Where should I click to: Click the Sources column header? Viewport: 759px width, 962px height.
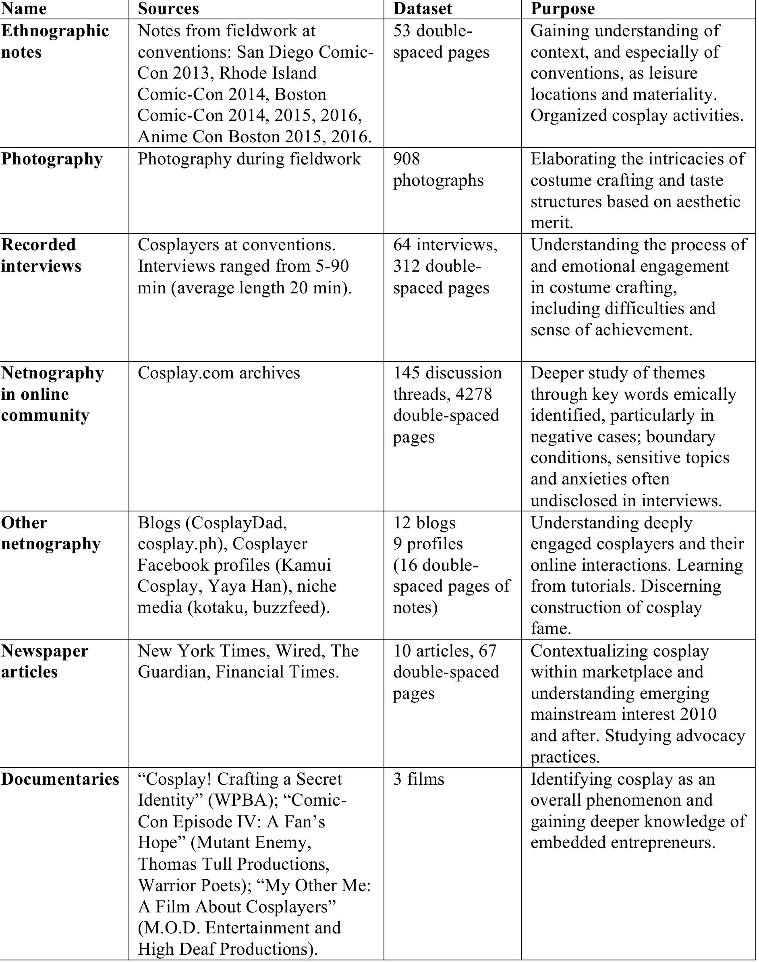tap(168, 8)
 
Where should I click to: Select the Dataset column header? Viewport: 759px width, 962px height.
tap(422, 8)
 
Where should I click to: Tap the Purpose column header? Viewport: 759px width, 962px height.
tap(562, 8)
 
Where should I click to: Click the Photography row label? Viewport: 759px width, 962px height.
tap(52, 159)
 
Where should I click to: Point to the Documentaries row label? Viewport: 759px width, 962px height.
tap(60, 779)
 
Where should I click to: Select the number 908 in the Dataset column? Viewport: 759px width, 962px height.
tap(406, 159)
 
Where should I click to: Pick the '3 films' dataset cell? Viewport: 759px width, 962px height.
tap(418, 779)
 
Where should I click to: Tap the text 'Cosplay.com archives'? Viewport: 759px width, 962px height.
tap(219, 372)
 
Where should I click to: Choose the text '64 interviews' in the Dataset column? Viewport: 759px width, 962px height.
tap(445, 245)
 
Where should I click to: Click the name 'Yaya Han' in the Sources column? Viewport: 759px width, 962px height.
tap(242, 586)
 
